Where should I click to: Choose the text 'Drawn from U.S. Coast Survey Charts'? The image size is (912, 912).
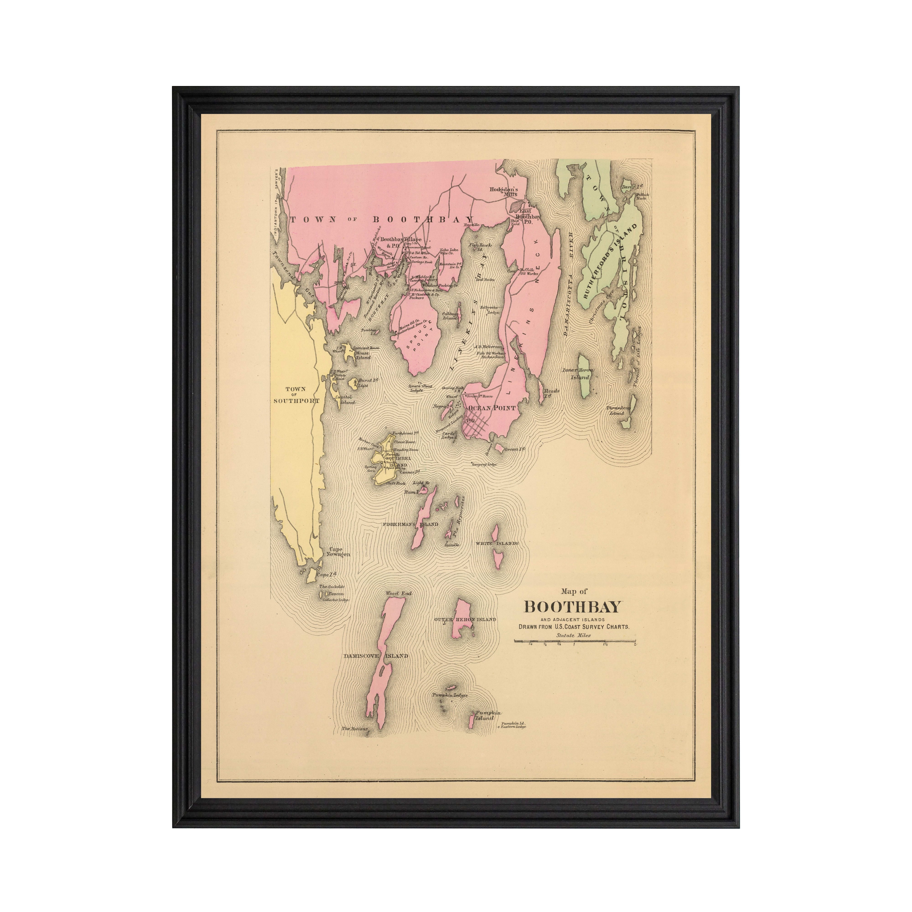(574, 627)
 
